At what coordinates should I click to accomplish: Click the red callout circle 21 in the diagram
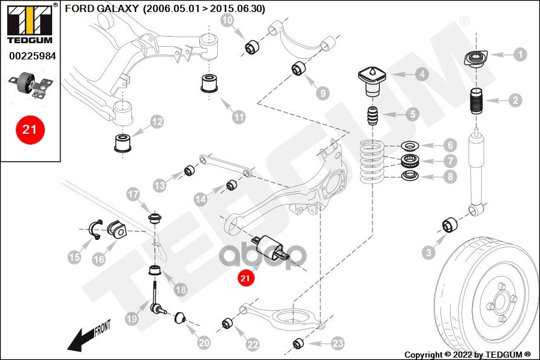coord(245,278)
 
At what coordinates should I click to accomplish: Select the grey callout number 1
coord(520,55)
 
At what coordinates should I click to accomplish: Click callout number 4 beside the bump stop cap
coord(422,74)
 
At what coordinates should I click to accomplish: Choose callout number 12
coord(156,122)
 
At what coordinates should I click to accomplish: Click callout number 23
coord(338,343)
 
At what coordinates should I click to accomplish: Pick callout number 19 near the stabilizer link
coord(133,320)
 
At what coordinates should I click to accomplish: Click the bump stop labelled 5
coord(373,115)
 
